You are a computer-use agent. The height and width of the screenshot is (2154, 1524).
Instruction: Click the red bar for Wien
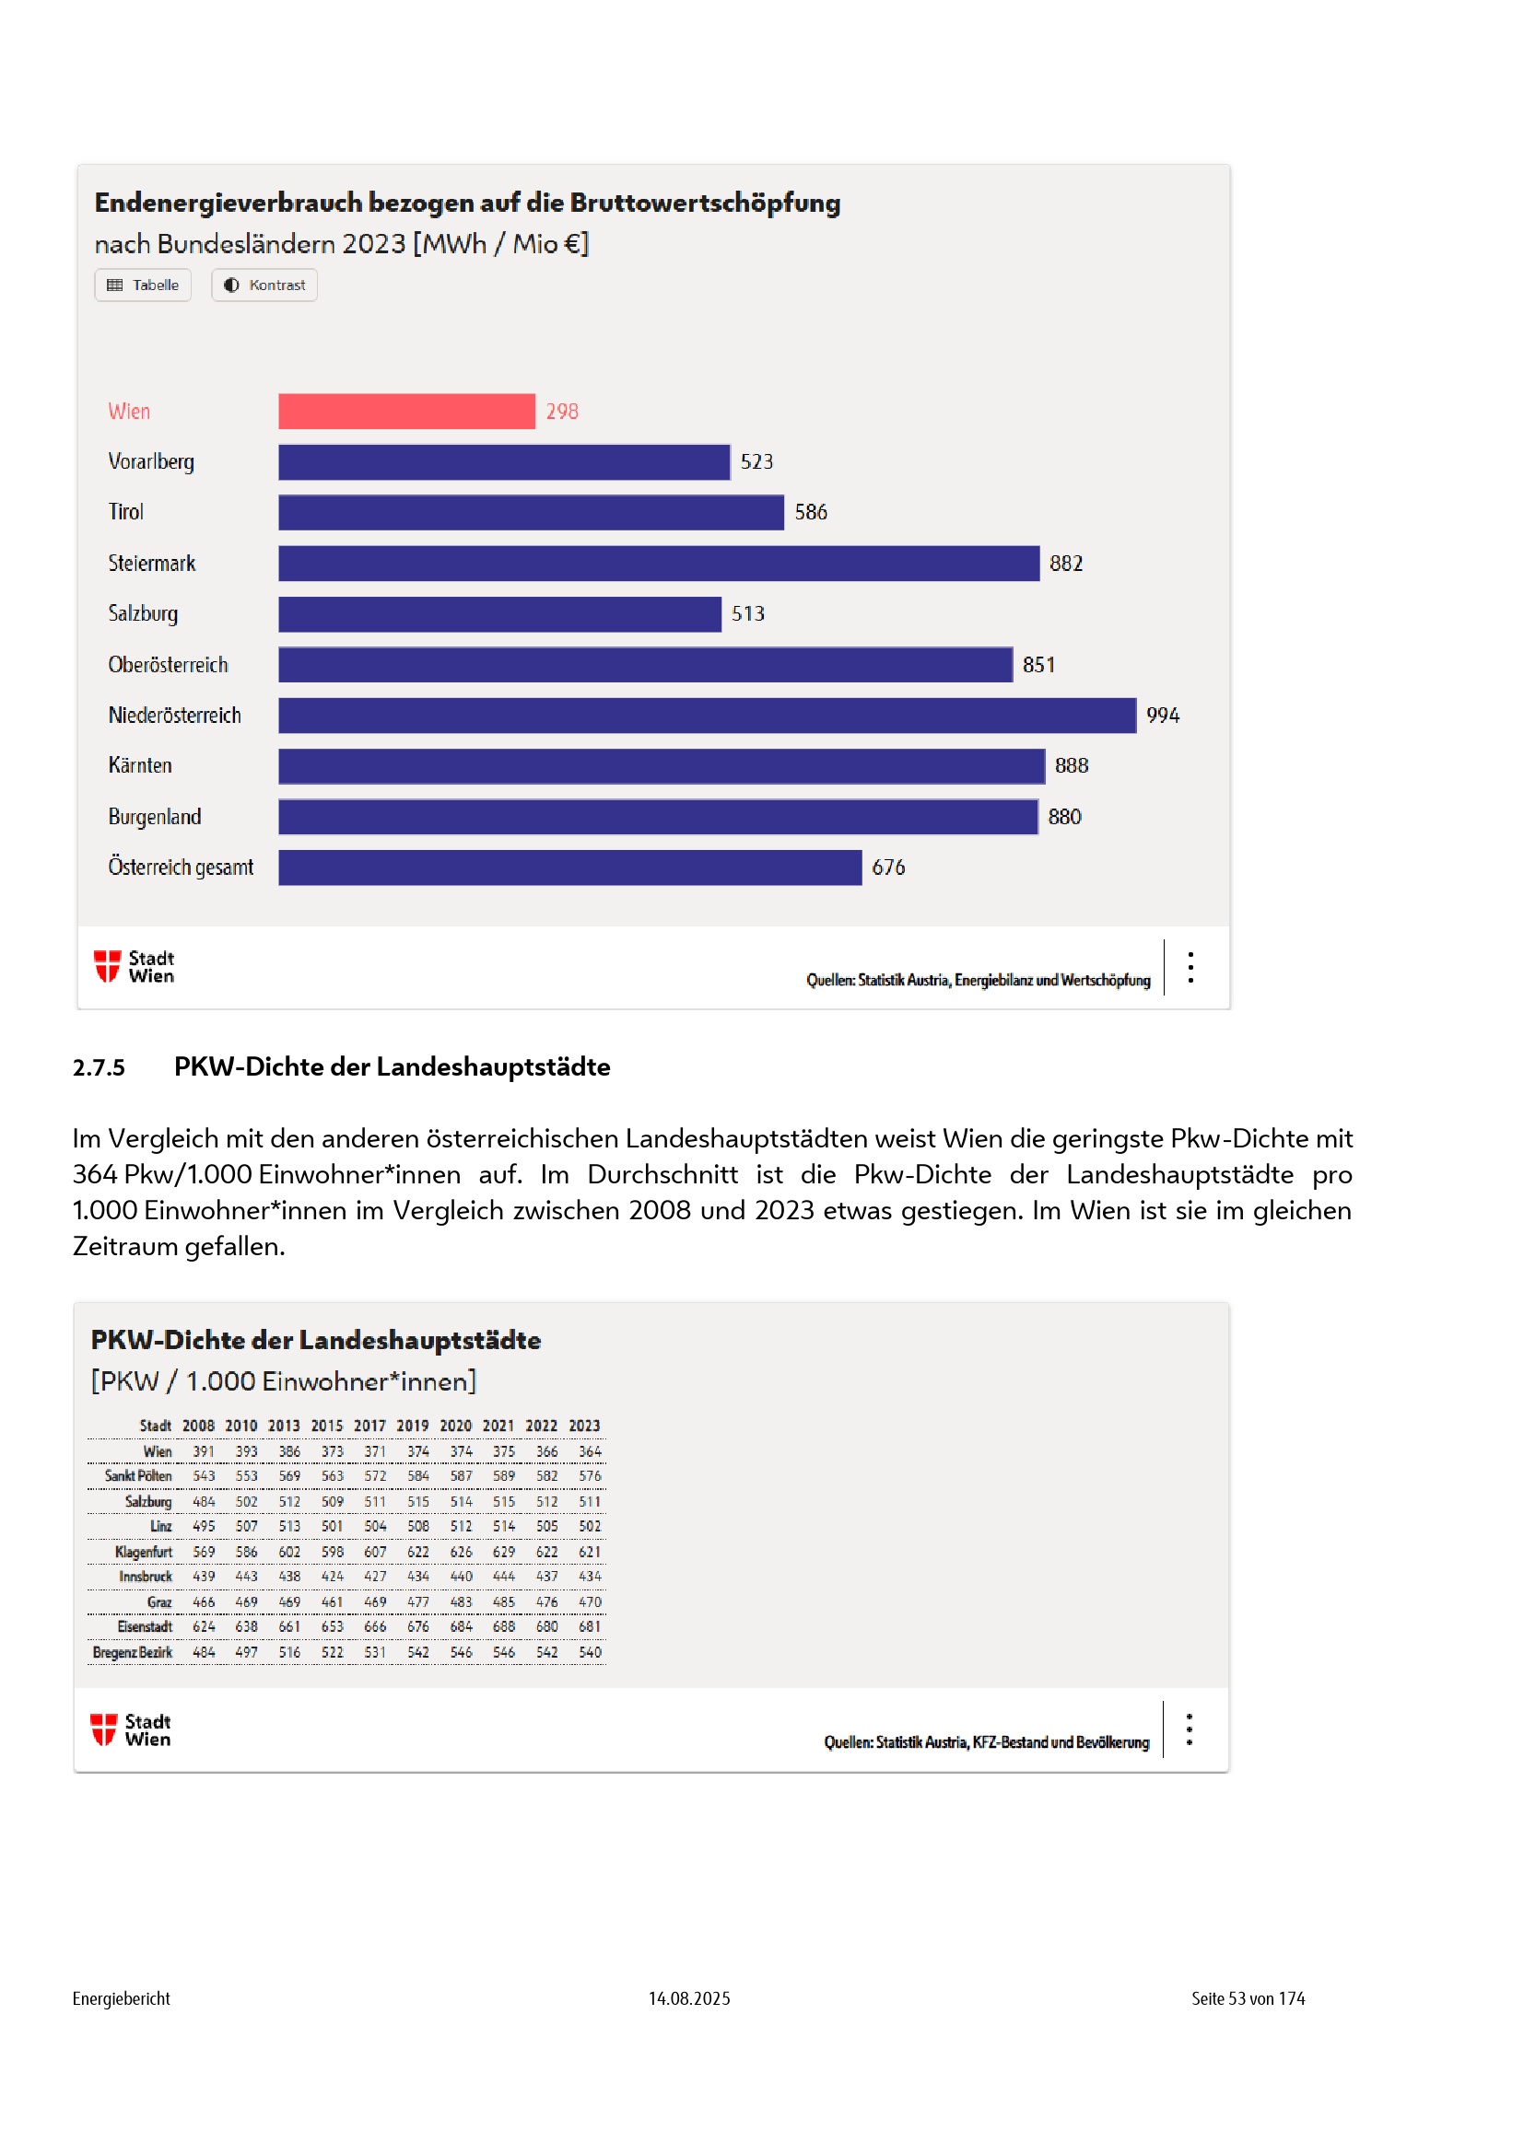click(406, 411)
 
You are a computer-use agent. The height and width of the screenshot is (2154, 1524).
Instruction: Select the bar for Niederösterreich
click(707, 715)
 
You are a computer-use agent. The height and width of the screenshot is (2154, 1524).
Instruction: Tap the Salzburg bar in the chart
click(499, 613)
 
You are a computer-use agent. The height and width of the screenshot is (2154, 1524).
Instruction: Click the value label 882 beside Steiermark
click(1065, 563)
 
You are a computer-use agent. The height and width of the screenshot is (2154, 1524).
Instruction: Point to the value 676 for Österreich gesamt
click(887, 867)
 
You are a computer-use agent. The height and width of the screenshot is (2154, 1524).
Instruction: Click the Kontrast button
click(264, 285)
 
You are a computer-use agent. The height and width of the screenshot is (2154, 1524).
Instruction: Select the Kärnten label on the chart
click(140, 765)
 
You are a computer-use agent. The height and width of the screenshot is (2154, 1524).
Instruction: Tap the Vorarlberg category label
click(151, 461)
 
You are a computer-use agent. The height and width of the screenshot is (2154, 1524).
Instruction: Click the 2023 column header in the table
click(583, 1425)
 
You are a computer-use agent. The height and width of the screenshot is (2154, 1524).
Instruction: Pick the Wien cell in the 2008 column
click(204, 1451)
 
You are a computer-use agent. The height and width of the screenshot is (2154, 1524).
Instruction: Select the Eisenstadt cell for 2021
click(504, 1626)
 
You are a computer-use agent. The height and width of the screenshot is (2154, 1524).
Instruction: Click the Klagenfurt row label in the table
click(144, 1552)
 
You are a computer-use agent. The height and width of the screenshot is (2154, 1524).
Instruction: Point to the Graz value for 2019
click(417, 1602)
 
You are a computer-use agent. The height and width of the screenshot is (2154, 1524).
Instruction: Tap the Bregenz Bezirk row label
click(133, 1652)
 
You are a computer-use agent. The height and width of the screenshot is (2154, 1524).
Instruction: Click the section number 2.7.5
click(99, 1067)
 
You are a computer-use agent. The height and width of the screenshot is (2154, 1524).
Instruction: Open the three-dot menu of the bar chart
click(1190, 967)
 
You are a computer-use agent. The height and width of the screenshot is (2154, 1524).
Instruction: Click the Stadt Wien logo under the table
click(131, 1730)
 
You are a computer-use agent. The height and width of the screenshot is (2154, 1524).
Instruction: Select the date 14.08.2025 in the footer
click(689, 1998)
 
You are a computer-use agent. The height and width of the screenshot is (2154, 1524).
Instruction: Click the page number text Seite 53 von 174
click(1248, 1998)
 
